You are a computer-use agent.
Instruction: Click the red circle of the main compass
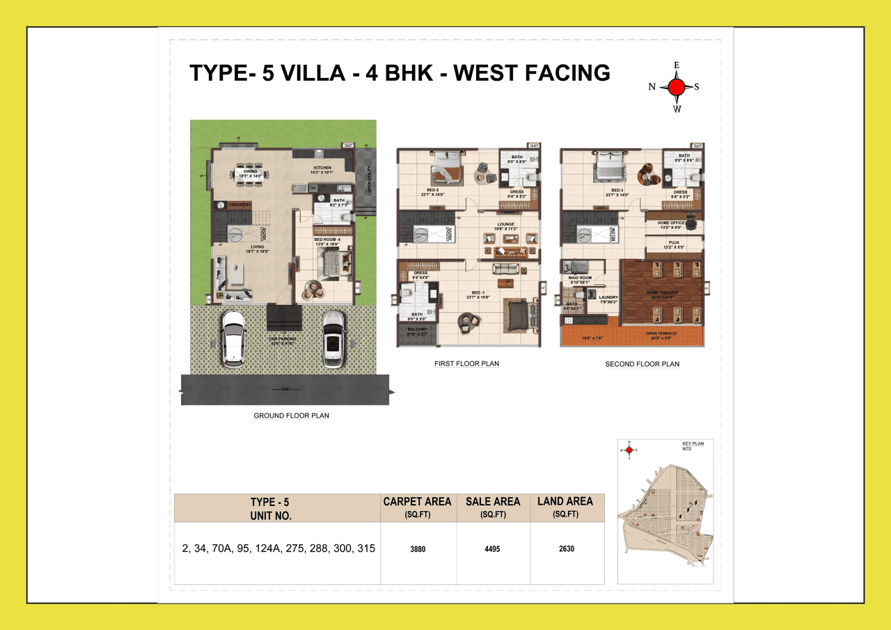tap(676, 87)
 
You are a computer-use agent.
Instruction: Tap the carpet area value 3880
tap(418, 549)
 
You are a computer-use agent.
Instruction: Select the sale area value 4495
tap(493, 549)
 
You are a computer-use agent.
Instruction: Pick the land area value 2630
tap(567, 549)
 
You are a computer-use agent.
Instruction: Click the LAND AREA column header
tap(565, 501)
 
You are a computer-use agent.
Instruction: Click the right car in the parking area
tap(333, 338)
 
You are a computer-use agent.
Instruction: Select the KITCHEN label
tap(322, 168)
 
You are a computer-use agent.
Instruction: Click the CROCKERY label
tap(239, 205)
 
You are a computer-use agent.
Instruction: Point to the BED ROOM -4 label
tap(326, 239)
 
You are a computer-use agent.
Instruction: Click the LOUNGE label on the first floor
tap(505, 225)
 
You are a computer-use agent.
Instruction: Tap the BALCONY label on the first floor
tap(417, 330)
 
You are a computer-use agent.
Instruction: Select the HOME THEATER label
tap(661, 292)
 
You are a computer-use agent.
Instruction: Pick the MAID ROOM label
tap(580, 278)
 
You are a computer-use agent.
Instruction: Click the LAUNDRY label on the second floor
tap(608, 297)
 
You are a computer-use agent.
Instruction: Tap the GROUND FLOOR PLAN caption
tap(291, 416)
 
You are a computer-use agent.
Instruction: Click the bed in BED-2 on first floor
tap(446, 167)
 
